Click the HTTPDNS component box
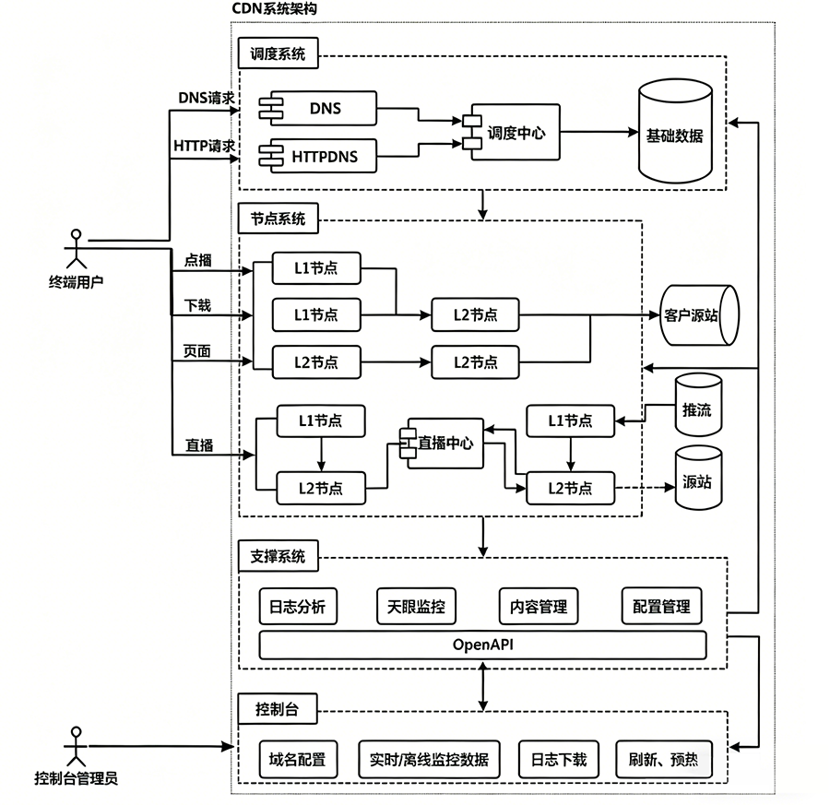click(324, 157)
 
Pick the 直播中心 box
click(442, 444)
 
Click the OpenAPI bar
click(482, 645)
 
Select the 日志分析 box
click(297, 607)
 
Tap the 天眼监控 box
click(417, 607)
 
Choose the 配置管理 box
click(661, 607)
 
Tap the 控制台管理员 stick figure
click(75, 745)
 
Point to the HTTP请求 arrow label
click(205, 146)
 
